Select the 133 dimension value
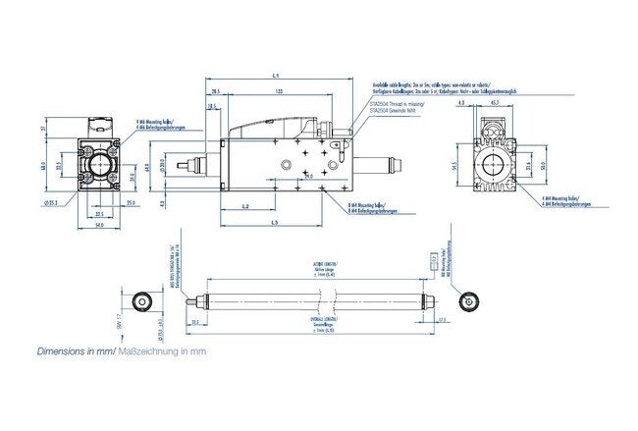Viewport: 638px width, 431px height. pyautogui.click(x=281, y=90)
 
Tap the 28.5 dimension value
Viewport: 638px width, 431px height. pyautogui.click(x=213, y=90)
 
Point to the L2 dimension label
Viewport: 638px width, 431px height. pyautogui.click(x=244, y=206)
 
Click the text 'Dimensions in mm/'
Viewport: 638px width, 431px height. pyautogui.click(x=77, y=350)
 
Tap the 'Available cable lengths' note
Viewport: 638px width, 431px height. pyautogui.click(x=432, y=85)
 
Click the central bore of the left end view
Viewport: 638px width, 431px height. pyautogui.click(x=99, y=163)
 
